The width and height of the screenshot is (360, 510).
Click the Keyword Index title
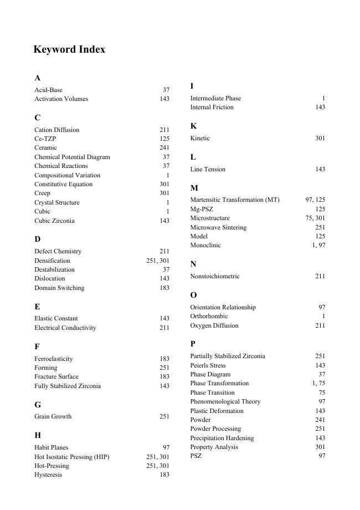tap(69, 49)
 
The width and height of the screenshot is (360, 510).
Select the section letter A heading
tap(37, 78)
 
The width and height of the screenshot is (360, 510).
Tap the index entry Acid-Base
tap(48, 90)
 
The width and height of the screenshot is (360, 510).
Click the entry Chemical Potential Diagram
tap(72, 157)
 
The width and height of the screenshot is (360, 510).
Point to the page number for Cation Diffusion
tap(164, 130)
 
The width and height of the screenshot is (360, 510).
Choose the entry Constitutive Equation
tap(63, 184)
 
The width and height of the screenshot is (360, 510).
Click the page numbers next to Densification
tap(158, 261)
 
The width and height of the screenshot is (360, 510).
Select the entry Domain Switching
tap(59, 288)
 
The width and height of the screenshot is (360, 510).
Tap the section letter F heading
tap(37, 346)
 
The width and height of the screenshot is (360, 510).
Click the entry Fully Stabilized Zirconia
tap(68, 386)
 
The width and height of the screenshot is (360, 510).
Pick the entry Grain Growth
tap(53, 416)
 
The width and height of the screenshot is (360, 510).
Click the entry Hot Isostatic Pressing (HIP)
tap(71, 457)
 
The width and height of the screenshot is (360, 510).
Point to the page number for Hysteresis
tap(164, 475)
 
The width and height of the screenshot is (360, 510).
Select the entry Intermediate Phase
tap(215, 98)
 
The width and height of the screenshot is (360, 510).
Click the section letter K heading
tap(193, 126)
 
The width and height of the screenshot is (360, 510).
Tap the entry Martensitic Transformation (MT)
tap(235, 200)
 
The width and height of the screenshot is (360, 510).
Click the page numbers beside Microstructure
tap(315, 218)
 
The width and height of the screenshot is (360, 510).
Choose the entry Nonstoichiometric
tap(215, 276)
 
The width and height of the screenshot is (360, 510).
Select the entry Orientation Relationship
tap(223, 307)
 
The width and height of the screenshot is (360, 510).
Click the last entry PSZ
tap(196, 456)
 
